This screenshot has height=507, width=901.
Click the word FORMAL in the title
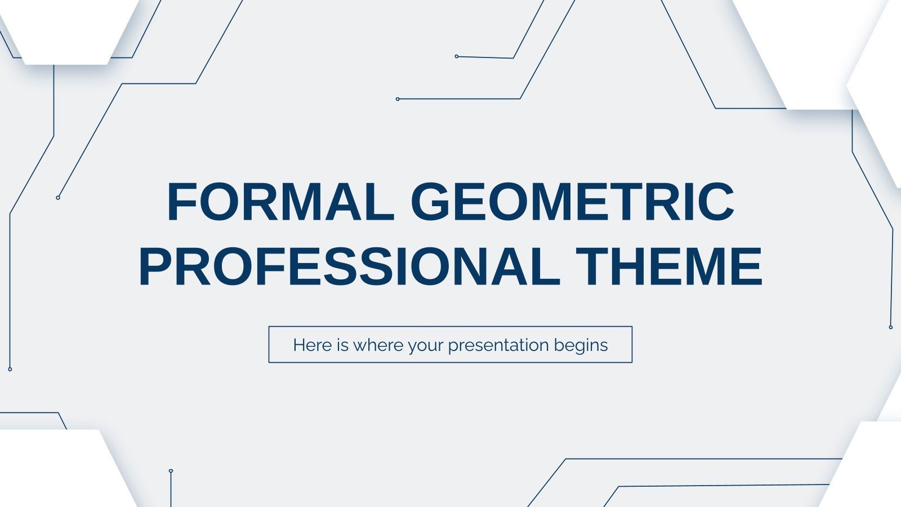tap(280, 202)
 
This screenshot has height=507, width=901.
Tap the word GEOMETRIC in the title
tap(572, 202)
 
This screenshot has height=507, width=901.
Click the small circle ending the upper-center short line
tap(457, 56)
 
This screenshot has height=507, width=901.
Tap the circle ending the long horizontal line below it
tap(398, 99)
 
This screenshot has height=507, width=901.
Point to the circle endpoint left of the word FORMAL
tap(58, 198)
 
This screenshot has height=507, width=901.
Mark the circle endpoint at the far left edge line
tap(10, 369)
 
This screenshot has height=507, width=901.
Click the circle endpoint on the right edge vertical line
tap(890, 327)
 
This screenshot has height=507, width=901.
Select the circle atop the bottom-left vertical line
tap(171, 470)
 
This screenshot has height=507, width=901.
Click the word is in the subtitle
tap(343, 345)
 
